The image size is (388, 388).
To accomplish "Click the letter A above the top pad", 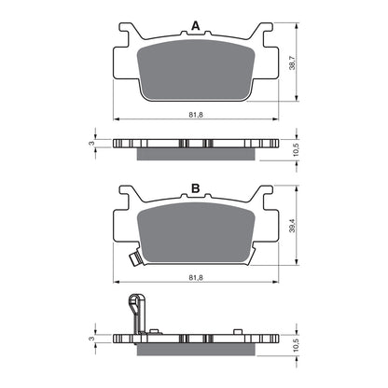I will pyautogui.click(x=195, y=25).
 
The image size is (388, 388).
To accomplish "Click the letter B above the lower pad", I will pyautogui.click(x=195, y=188).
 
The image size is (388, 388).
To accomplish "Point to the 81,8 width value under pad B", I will pyautogui.click(x=195, y=276).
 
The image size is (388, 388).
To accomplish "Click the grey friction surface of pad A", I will pyautogui.click(x=195, y=70).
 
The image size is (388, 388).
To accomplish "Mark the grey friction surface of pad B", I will pyautogui.click(x=195, y=233).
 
